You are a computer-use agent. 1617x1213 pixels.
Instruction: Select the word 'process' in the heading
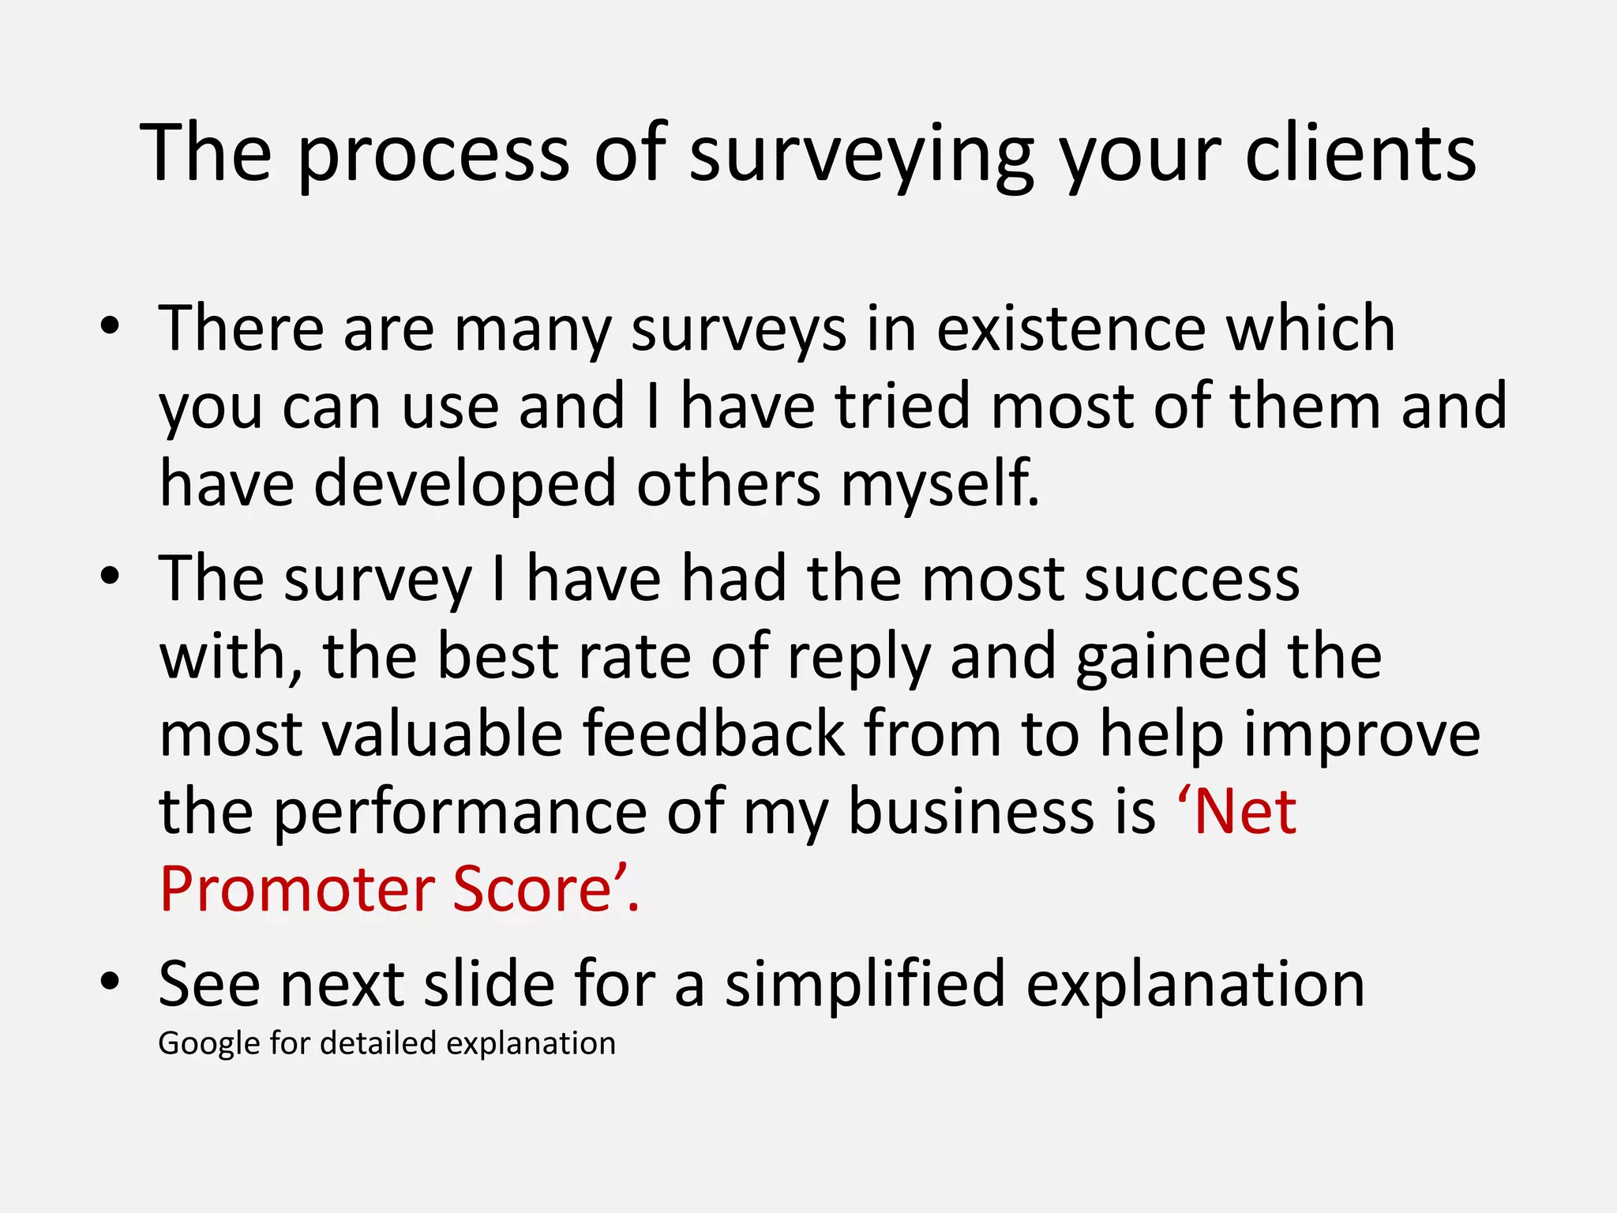(x=433, y=154)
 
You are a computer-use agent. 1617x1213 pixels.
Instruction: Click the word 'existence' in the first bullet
(x=1071, y=328)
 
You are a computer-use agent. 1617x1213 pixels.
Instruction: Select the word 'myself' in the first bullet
(x=938, y=483)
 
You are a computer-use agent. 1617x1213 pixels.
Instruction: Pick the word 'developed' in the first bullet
(x=465, y=483)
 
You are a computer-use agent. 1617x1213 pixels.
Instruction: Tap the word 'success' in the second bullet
(x=1191, y=579)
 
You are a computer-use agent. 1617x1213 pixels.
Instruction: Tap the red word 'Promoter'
(x=296, y=889)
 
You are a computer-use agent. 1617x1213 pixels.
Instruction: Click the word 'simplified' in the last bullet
(x=865, y=984)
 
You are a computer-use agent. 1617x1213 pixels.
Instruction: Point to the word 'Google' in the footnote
(x=209, y=1044)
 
